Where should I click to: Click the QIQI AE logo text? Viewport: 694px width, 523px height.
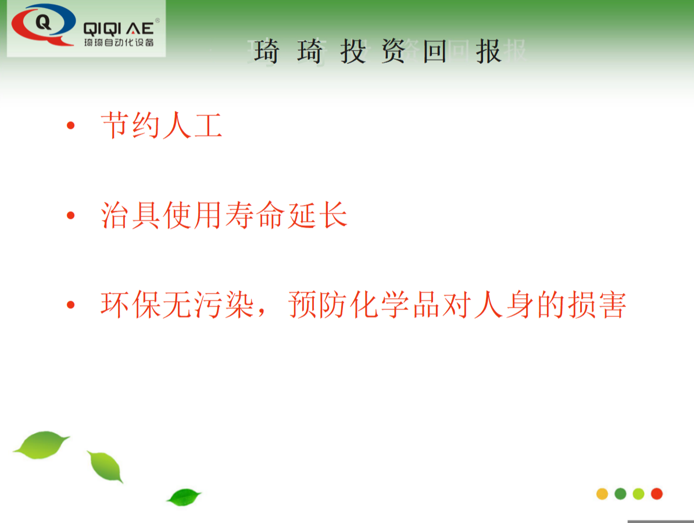119,27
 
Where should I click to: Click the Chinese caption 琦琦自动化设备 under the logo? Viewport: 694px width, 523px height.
119,43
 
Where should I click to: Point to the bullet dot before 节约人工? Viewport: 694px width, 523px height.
71,125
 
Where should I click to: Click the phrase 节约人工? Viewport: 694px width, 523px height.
162,125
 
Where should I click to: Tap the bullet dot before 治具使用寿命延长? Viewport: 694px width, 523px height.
71,215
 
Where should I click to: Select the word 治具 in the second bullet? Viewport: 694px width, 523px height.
131,215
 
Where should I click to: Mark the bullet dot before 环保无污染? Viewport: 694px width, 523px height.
71,305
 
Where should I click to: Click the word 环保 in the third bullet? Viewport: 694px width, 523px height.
131,305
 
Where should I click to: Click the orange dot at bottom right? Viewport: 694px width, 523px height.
602,494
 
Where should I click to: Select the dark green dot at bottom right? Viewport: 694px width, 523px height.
620,494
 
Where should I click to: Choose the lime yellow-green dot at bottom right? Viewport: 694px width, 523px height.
638,494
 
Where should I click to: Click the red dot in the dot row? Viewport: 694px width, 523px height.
657,494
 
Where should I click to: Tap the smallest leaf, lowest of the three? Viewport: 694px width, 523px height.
184,497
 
